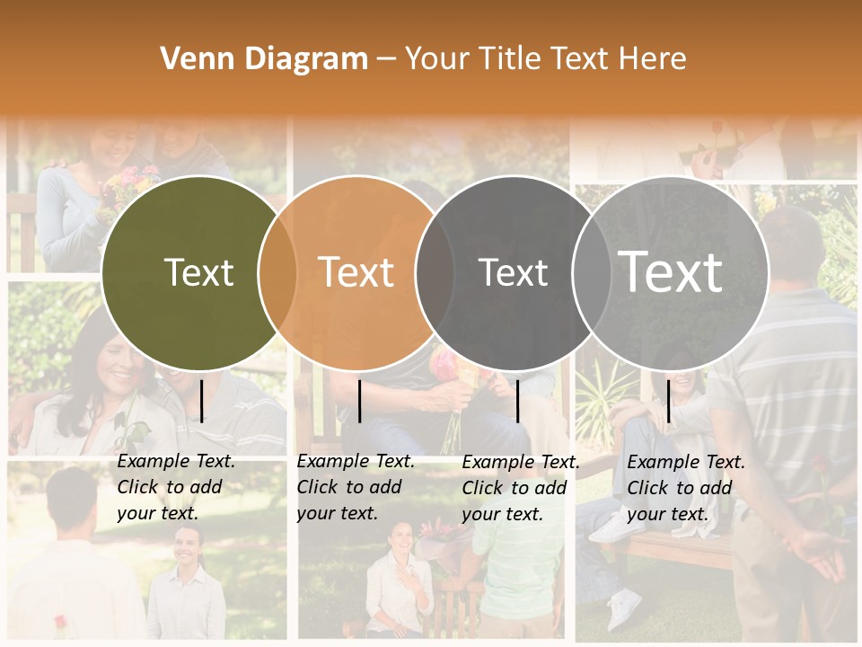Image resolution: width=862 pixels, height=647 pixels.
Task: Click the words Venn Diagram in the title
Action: click(x=264, y=59)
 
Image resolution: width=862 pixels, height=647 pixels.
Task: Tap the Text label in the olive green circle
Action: click(x=198, y=272)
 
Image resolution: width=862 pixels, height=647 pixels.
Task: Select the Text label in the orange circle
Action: click(x=356, y=272)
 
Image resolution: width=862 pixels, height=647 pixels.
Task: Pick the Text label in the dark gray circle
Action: click(x=513, y=272)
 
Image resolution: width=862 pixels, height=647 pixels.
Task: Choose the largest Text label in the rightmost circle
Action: click(x=671, y=272)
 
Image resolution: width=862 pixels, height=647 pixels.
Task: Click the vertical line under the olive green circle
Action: click(x=202, y=401)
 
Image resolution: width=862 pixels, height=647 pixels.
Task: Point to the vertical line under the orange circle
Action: click(x=359, y=401)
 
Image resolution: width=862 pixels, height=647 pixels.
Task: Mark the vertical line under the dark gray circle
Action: click(x=517, y=401)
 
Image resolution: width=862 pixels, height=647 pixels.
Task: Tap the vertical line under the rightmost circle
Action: click(x=668, y=401)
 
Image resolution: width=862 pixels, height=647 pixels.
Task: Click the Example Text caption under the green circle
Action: click(x=175, y=487)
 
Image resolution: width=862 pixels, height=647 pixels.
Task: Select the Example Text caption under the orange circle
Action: click(x=355, y=487)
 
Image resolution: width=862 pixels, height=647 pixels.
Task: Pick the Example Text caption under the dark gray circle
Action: click(x=520, y=488)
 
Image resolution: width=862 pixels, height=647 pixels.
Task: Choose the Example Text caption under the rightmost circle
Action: click(x=685, y=488)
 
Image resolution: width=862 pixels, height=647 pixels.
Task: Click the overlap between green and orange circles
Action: click(x=277, y=272)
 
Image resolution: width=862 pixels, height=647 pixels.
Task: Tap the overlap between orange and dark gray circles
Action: click(x=435, y=272)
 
